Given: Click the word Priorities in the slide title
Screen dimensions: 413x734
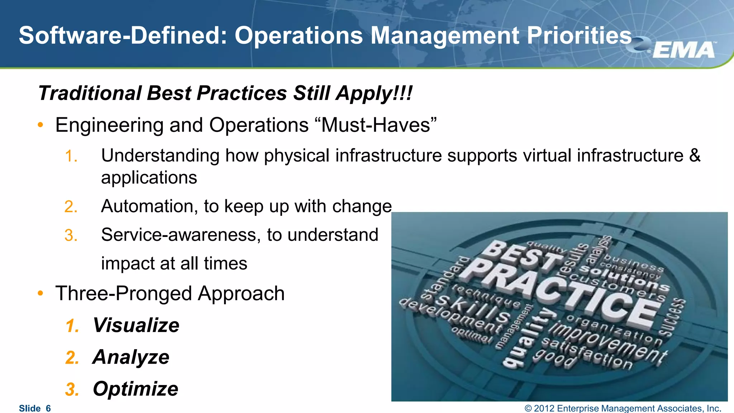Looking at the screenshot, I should click(579, 36).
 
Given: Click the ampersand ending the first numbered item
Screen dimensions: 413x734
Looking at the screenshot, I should click(695, 156).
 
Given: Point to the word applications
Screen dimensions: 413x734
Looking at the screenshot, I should click(149, 177).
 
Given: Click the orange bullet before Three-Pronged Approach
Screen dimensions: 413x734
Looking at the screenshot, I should click(40, 293).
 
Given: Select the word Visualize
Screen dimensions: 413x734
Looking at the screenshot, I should click(136, 325).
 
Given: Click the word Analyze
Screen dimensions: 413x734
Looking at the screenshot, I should click(131, 357).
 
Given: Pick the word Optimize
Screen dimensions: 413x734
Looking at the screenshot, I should click(135, 389).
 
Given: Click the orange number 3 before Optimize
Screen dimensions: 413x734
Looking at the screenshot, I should click(72, 389).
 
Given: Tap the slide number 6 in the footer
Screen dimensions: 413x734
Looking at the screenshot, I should click(48, 408).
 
